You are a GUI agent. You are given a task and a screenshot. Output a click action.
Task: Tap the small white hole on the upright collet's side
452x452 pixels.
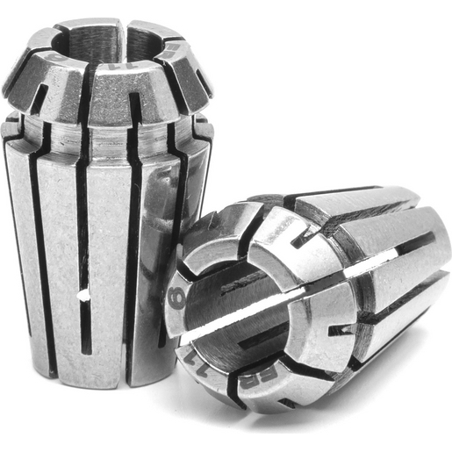(83, 298)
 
